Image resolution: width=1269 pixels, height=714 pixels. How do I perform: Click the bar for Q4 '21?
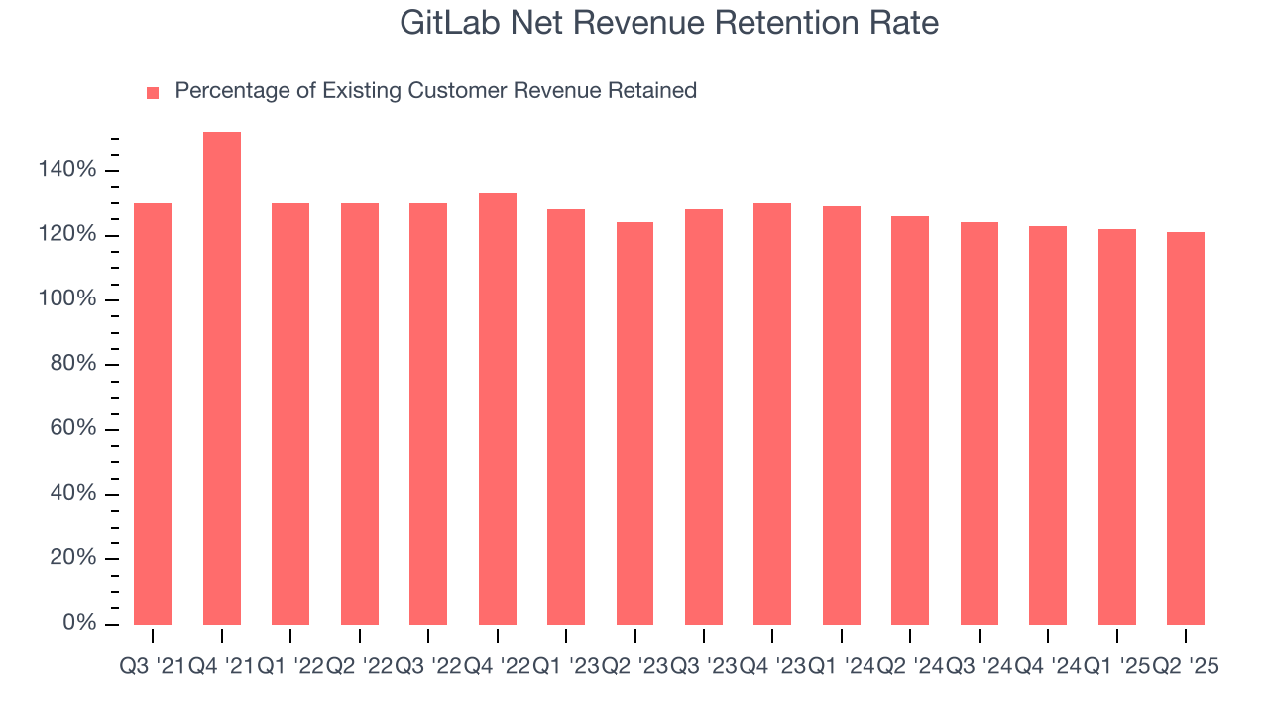point(222,378)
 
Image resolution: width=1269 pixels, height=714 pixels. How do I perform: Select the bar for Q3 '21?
point(153,414)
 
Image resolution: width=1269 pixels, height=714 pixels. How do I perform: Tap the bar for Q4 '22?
point(498,409)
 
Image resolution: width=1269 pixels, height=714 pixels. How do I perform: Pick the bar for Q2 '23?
point(634,423)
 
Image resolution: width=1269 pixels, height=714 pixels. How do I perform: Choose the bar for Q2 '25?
point(1186,428)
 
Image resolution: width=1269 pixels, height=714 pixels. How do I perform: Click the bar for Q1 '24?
point(842,416)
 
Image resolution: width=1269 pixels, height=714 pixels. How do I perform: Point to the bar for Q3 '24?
point(980,423)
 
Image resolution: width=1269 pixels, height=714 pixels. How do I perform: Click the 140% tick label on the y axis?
point(67,171)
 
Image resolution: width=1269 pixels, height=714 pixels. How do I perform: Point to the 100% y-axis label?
point(67,299)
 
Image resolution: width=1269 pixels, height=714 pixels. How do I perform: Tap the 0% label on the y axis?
point(78,623)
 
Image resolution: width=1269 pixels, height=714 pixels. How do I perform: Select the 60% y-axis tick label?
point(72,429)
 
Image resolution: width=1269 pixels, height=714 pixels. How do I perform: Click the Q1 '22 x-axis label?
point(290,667)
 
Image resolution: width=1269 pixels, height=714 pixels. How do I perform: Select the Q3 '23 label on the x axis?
point(704,667)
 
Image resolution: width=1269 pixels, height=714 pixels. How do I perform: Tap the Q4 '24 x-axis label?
point(1048,667)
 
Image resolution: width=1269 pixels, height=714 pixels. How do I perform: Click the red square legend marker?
point(153,93)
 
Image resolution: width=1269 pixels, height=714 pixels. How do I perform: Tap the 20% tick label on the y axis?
point(72,558)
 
